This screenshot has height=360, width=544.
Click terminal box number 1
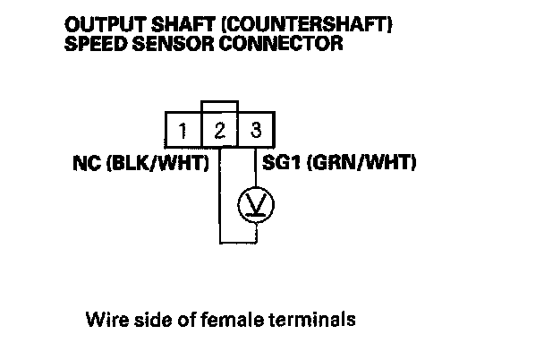(x=183, y=131)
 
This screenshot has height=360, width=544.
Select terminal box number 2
(x=220, y=131)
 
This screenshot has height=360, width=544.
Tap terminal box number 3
(x=256, y=131)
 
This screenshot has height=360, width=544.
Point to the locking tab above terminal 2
(x=220, y=106)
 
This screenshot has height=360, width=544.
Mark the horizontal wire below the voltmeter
(x=238, y=240)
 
